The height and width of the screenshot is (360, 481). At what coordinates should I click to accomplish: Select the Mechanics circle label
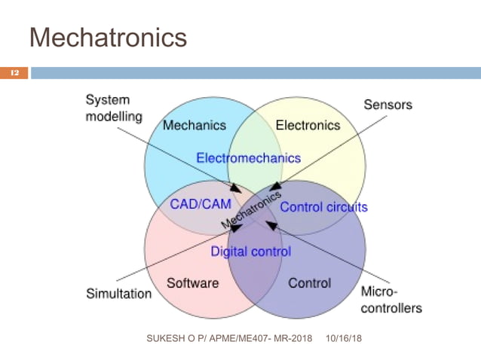point(194,126)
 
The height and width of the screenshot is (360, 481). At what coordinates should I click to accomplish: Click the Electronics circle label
point(308,126)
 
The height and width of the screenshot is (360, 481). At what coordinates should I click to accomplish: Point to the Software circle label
point(192,283)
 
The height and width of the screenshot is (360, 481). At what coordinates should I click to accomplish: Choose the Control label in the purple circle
point(309,283)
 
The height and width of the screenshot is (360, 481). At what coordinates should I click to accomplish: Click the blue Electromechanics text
point(248,158)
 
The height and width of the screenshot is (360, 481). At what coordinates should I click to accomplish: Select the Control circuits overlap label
point(323,206)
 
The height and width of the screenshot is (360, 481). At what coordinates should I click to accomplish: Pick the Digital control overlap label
point(250,252)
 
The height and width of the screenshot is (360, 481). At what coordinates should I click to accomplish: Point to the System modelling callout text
point(113,108)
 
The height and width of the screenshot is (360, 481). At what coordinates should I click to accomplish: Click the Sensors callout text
point(388,105)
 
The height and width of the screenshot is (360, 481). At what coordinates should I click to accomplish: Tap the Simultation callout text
point(118,294)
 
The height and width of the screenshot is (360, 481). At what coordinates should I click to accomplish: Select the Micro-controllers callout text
point(391,300)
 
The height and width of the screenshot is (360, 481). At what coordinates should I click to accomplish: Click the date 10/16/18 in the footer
point(345,339)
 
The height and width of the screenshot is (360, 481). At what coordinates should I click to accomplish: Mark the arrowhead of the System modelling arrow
point(237,188)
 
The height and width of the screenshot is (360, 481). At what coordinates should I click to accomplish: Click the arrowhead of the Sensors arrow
point(274,185)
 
